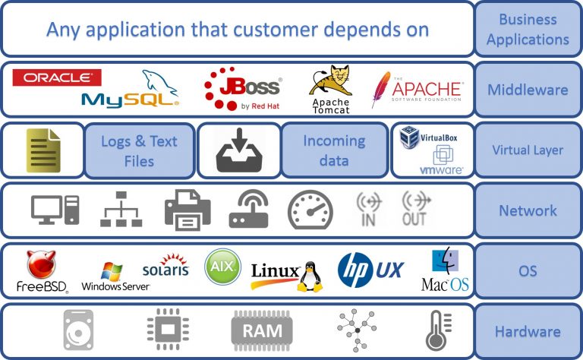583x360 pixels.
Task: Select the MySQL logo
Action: tap(130, 93)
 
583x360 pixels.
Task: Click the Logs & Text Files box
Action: tap(138, 150)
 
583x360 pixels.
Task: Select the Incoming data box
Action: tap(333, 150)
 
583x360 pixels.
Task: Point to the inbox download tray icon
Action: tap(238, 150)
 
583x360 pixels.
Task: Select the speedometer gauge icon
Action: tap(310, 210)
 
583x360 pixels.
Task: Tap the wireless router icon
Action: tap(248, 210)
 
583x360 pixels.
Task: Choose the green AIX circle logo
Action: tap(222, 267)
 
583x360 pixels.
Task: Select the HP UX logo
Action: tap(370, 270)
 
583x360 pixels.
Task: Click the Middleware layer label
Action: tap(528, 90)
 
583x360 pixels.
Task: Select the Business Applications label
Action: tap(528, 29)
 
